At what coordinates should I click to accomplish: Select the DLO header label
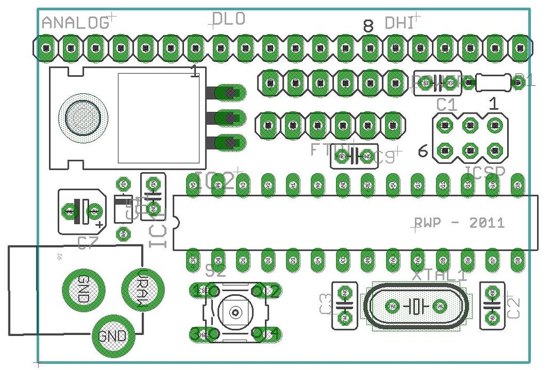click(x=229, y=19)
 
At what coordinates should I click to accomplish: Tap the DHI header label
click(x=399, y=23)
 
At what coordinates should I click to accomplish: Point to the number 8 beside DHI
click(x=368, y=26)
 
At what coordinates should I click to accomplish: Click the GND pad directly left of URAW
click(x=84, y=289)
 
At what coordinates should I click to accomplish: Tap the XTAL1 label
click(x=439, y=275)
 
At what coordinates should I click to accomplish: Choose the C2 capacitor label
click(x=513, y=308)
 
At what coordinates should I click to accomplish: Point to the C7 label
click(x=87, y=244)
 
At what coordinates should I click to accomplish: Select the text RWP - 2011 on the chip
click(x=459, y=223)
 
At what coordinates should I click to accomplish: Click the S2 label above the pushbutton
click(x=215, y=271)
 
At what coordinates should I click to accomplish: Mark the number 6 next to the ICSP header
click(x=423, y=152)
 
